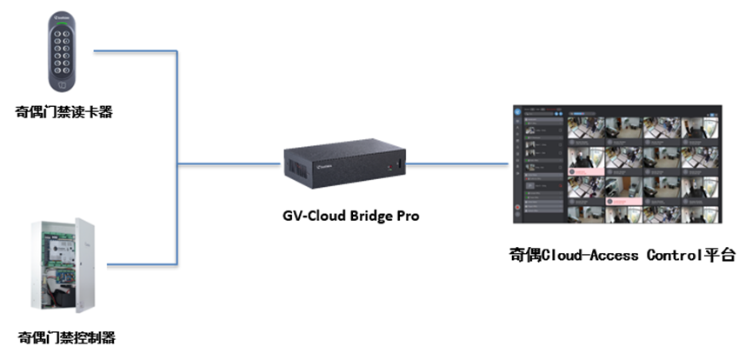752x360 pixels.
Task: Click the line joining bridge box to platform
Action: pos(456,163)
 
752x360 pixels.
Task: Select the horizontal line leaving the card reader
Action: pos(135,50)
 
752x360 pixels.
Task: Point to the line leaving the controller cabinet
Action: pos(139,264)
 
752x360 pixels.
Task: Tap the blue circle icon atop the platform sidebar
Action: pos(516,112)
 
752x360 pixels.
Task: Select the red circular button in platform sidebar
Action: pos(516,209)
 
